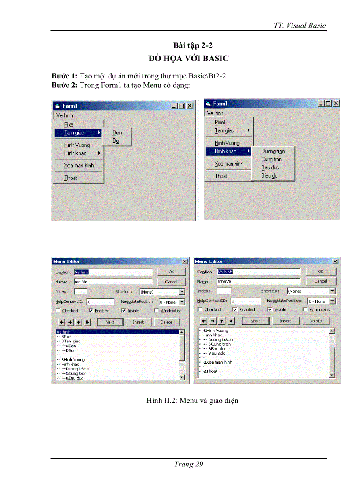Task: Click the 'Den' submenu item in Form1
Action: tap(117, 133)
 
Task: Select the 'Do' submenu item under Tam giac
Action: tap(116, 141)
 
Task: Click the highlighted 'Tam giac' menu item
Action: tap(74, 133)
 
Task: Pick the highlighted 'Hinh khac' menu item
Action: tap(225, 151)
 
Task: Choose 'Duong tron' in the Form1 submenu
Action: tap(273, 151)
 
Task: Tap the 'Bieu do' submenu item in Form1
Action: tap(270, 176)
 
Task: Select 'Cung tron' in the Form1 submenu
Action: tap(271, 160)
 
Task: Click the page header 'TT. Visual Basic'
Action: tap(300, 25)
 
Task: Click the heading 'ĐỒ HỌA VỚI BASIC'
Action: tap(188, 58)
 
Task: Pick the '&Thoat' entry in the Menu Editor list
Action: tap(210, 372)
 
